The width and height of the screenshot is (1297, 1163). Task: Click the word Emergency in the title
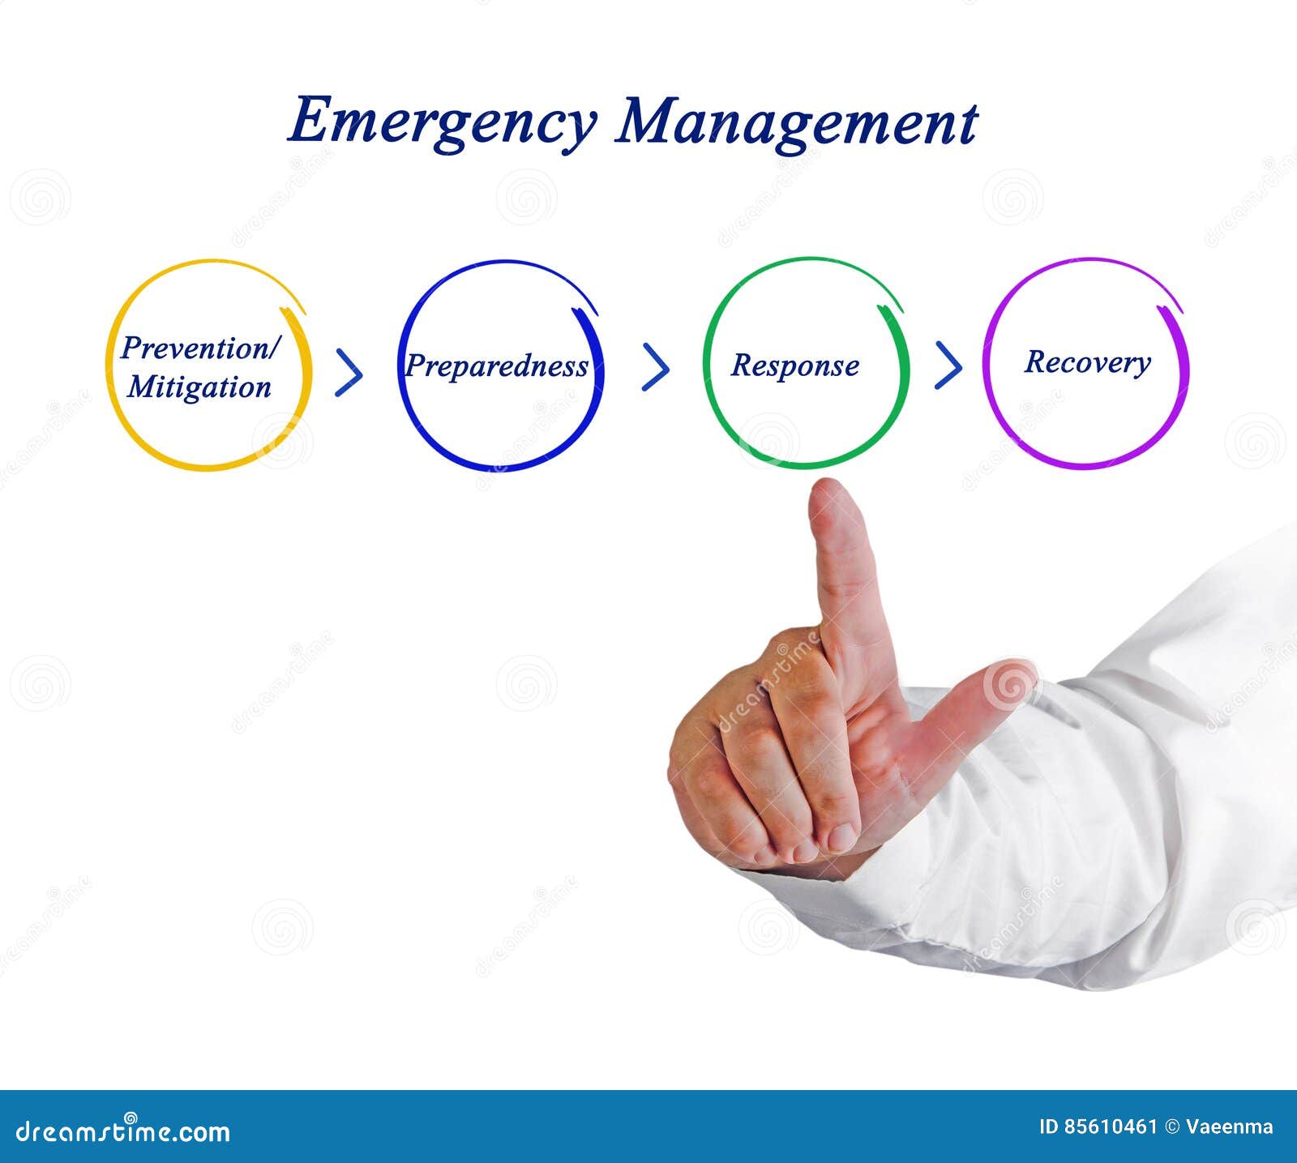click(442, 122)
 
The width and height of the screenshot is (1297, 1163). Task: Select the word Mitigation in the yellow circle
click(199, 387)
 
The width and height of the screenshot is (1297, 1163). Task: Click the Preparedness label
click(497, 366)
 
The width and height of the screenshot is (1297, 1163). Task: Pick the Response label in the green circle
click(794, 366)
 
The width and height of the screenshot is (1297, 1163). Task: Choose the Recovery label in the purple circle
click(1087, 362)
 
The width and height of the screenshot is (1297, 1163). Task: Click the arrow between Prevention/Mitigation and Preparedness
click(349, 373)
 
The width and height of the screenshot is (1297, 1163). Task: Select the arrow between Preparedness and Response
click(656, 367)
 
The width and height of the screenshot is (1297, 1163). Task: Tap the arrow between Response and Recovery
click(948, 366)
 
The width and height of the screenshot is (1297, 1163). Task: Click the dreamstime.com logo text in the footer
click(123, 1131)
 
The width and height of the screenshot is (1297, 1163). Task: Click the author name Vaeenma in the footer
click(1230, 1127)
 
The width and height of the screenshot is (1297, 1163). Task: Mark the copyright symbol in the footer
click(1171, 1127)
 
